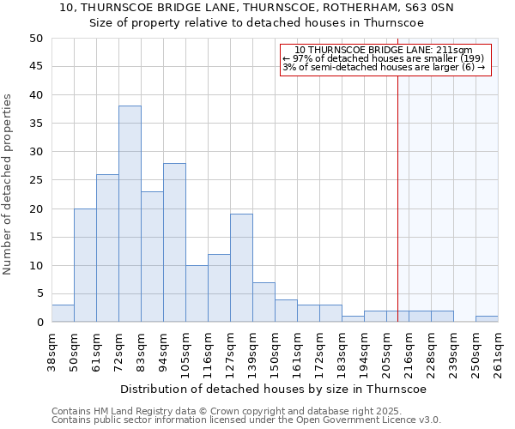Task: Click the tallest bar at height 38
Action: tap(130, 214)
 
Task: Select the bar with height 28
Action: tap(174, 242)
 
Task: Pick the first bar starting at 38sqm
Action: tap(63, 313)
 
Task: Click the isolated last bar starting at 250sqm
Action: tap(487, 319)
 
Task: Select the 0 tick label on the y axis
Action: tap(39, 323)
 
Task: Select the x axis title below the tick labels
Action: tap(274, 389)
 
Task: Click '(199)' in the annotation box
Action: tap(470, 58)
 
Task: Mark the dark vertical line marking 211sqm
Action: tap(397, 197)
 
